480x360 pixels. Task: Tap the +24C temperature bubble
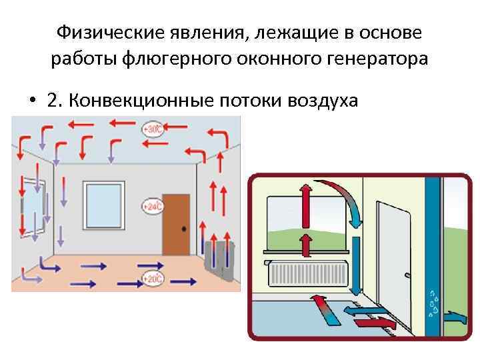click(x=153, y=207)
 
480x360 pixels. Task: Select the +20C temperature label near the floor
click(x=153, y=279)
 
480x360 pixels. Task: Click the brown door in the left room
click(x=176, y=223)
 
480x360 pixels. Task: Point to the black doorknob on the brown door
click(x=184, y=229)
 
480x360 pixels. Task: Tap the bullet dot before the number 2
click(x=32, y=101)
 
